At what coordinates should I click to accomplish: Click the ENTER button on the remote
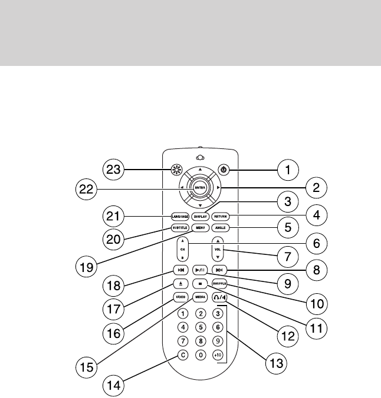(201, 188)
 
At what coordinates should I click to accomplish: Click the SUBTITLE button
(180, 228)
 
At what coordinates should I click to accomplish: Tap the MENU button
(201, 228)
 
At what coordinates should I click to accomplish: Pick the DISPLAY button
(201, 216)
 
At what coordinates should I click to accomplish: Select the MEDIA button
(201, 297)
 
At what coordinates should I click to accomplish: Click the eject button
(180, 283)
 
